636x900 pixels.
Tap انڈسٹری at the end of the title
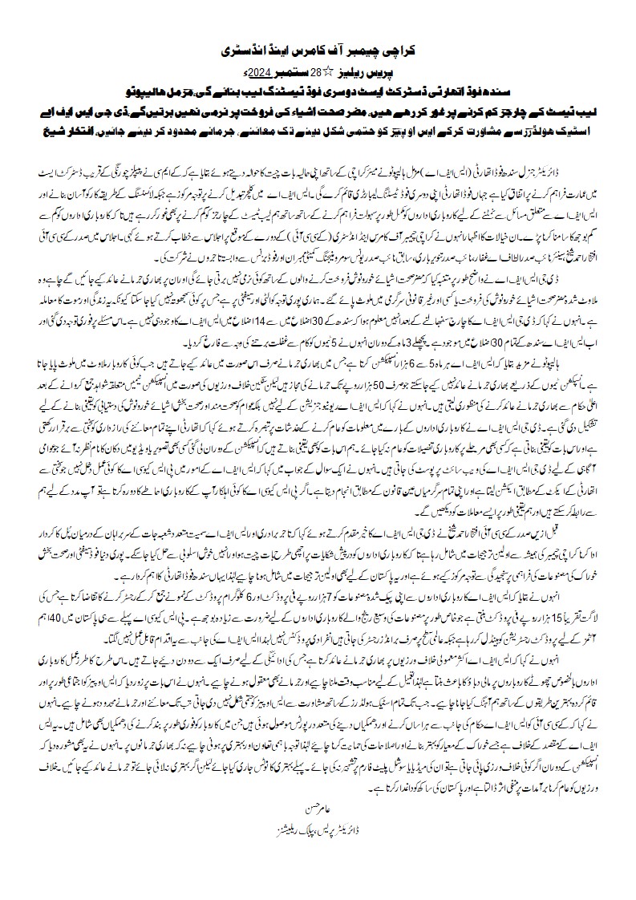coord(240,50)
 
